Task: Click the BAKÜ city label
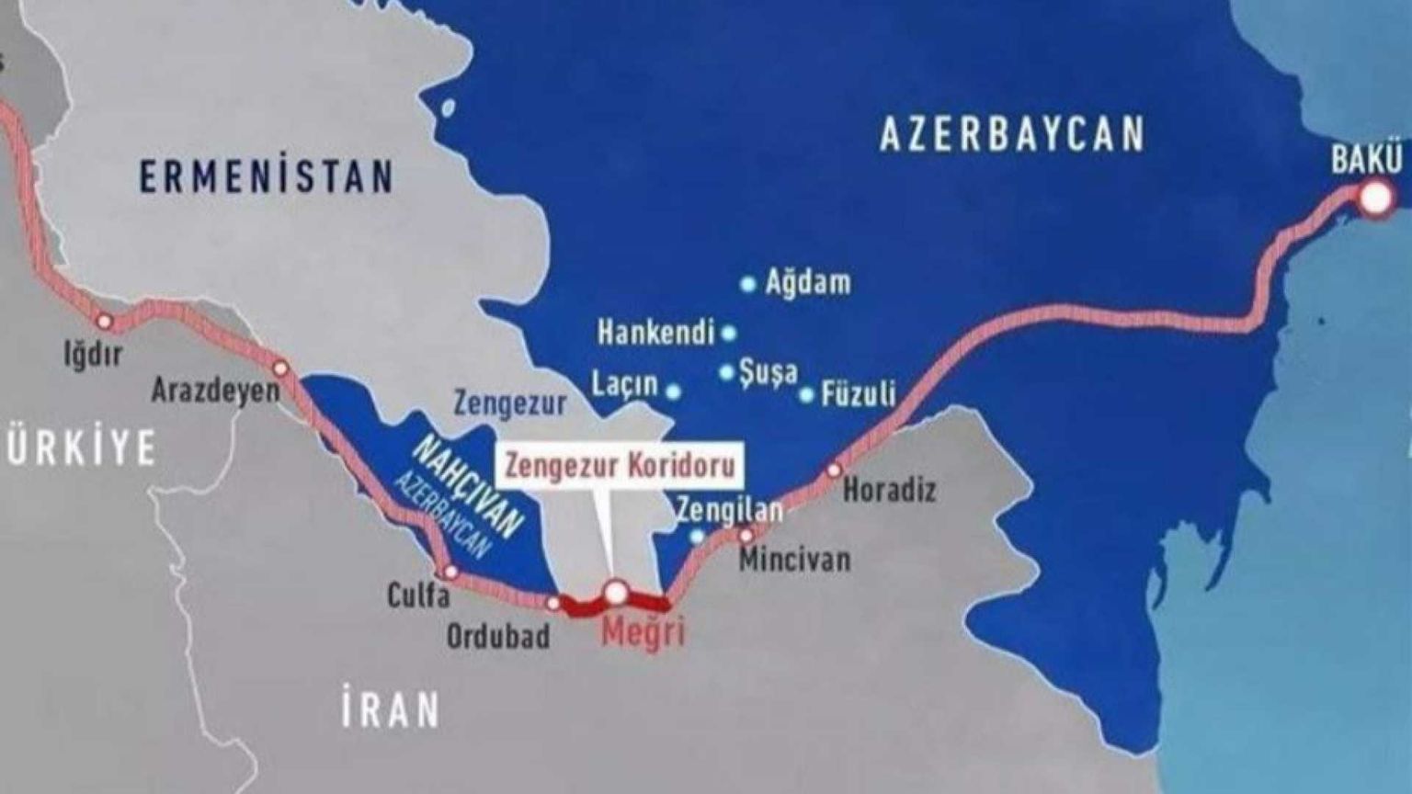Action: pyautogui.click(x=1367, y=160)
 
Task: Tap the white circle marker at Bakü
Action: pyautogui.click(x=1375, y=198)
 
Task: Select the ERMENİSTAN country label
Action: pyautogui.click(x=267, y=176)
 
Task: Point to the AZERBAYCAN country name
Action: pyautogui.click(x=1012, y=134)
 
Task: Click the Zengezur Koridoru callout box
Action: pyautogui.click(x=621, y=465)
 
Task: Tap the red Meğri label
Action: pyautogui.click(x=643, y=633)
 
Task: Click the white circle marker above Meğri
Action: pyautogui.click(x=615, y=592)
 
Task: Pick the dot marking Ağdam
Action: pyautogui.click(x=747, y=284)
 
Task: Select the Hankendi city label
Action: pyautogui.click(x=655, y=332)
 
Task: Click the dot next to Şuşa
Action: pyautogui.click(x=726, y=372)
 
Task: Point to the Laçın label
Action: pyautogui.click(x=625, y=384)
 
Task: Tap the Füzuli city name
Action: pyautogui.click(x=859, y=394)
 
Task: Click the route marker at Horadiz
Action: pyautogui.click(x=834, y=470)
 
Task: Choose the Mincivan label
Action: pyautogui.click(x=794, y=559)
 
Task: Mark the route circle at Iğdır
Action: pyautogui.click(x=104, y=321)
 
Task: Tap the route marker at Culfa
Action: pyautogui.click(x=450, y=572)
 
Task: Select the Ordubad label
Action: pyautogui.click(x=498, y=636)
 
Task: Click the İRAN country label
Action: pyautogui.click(x=391, y=710)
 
